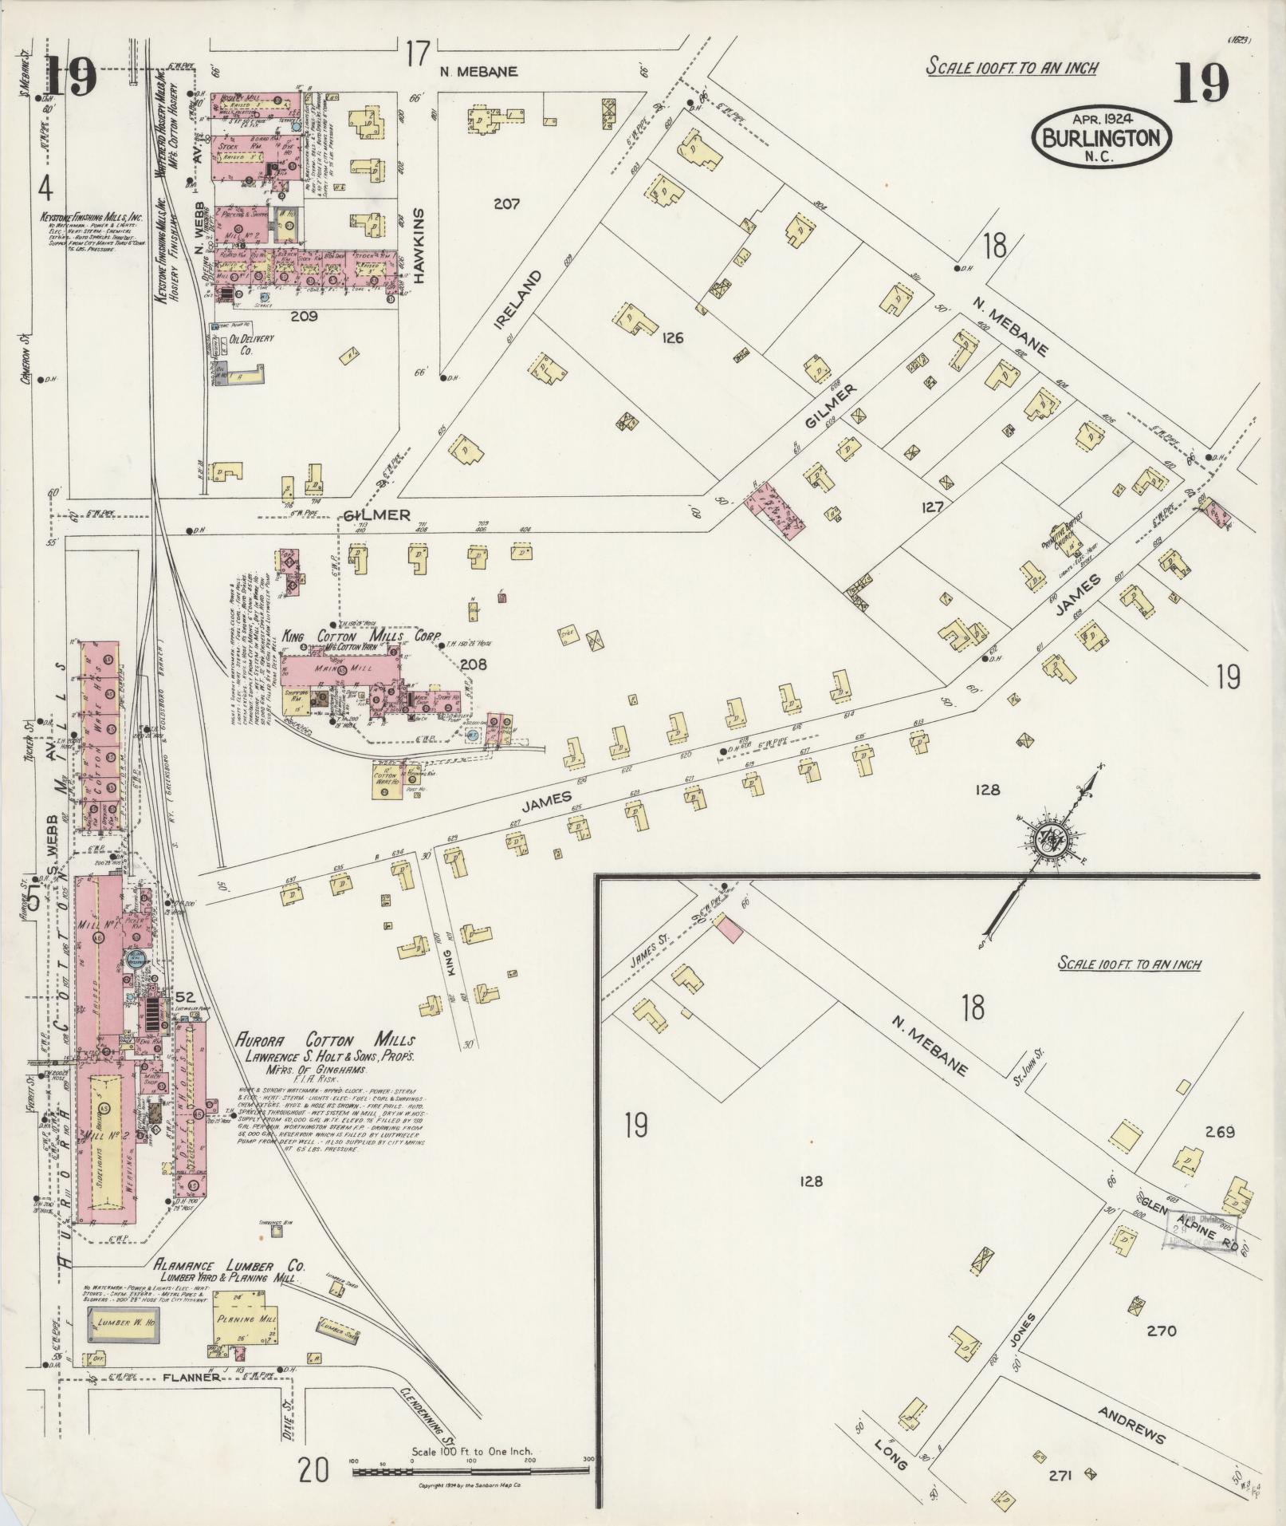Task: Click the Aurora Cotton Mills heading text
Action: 324,1040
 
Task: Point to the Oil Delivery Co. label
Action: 251,344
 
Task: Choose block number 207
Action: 506,204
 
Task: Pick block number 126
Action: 672,338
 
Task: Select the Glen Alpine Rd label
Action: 1188,1222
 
